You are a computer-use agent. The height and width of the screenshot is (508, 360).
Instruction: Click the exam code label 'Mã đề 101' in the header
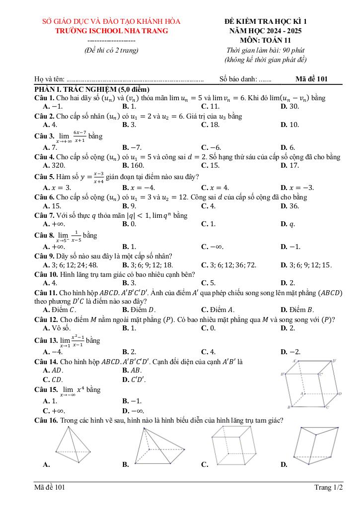pos(311,78)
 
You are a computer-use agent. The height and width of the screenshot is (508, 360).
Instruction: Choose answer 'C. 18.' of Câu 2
pos(210,125)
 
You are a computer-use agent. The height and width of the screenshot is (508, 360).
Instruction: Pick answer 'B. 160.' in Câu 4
pos(133,165)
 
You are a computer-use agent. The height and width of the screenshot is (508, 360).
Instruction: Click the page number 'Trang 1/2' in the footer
pos(328,488)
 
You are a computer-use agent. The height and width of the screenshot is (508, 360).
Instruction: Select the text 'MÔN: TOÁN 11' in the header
pos(266,40)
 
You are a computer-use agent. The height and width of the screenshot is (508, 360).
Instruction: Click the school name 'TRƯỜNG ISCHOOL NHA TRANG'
pos(111,31)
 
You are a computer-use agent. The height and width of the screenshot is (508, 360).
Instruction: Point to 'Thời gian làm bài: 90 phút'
pos(265,50)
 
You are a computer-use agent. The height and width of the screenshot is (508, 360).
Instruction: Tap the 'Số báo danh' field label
pos(238,79)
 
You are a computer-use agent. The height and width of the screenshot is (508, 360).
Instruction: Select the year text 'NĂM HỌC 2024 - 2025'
pos(266,31)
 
